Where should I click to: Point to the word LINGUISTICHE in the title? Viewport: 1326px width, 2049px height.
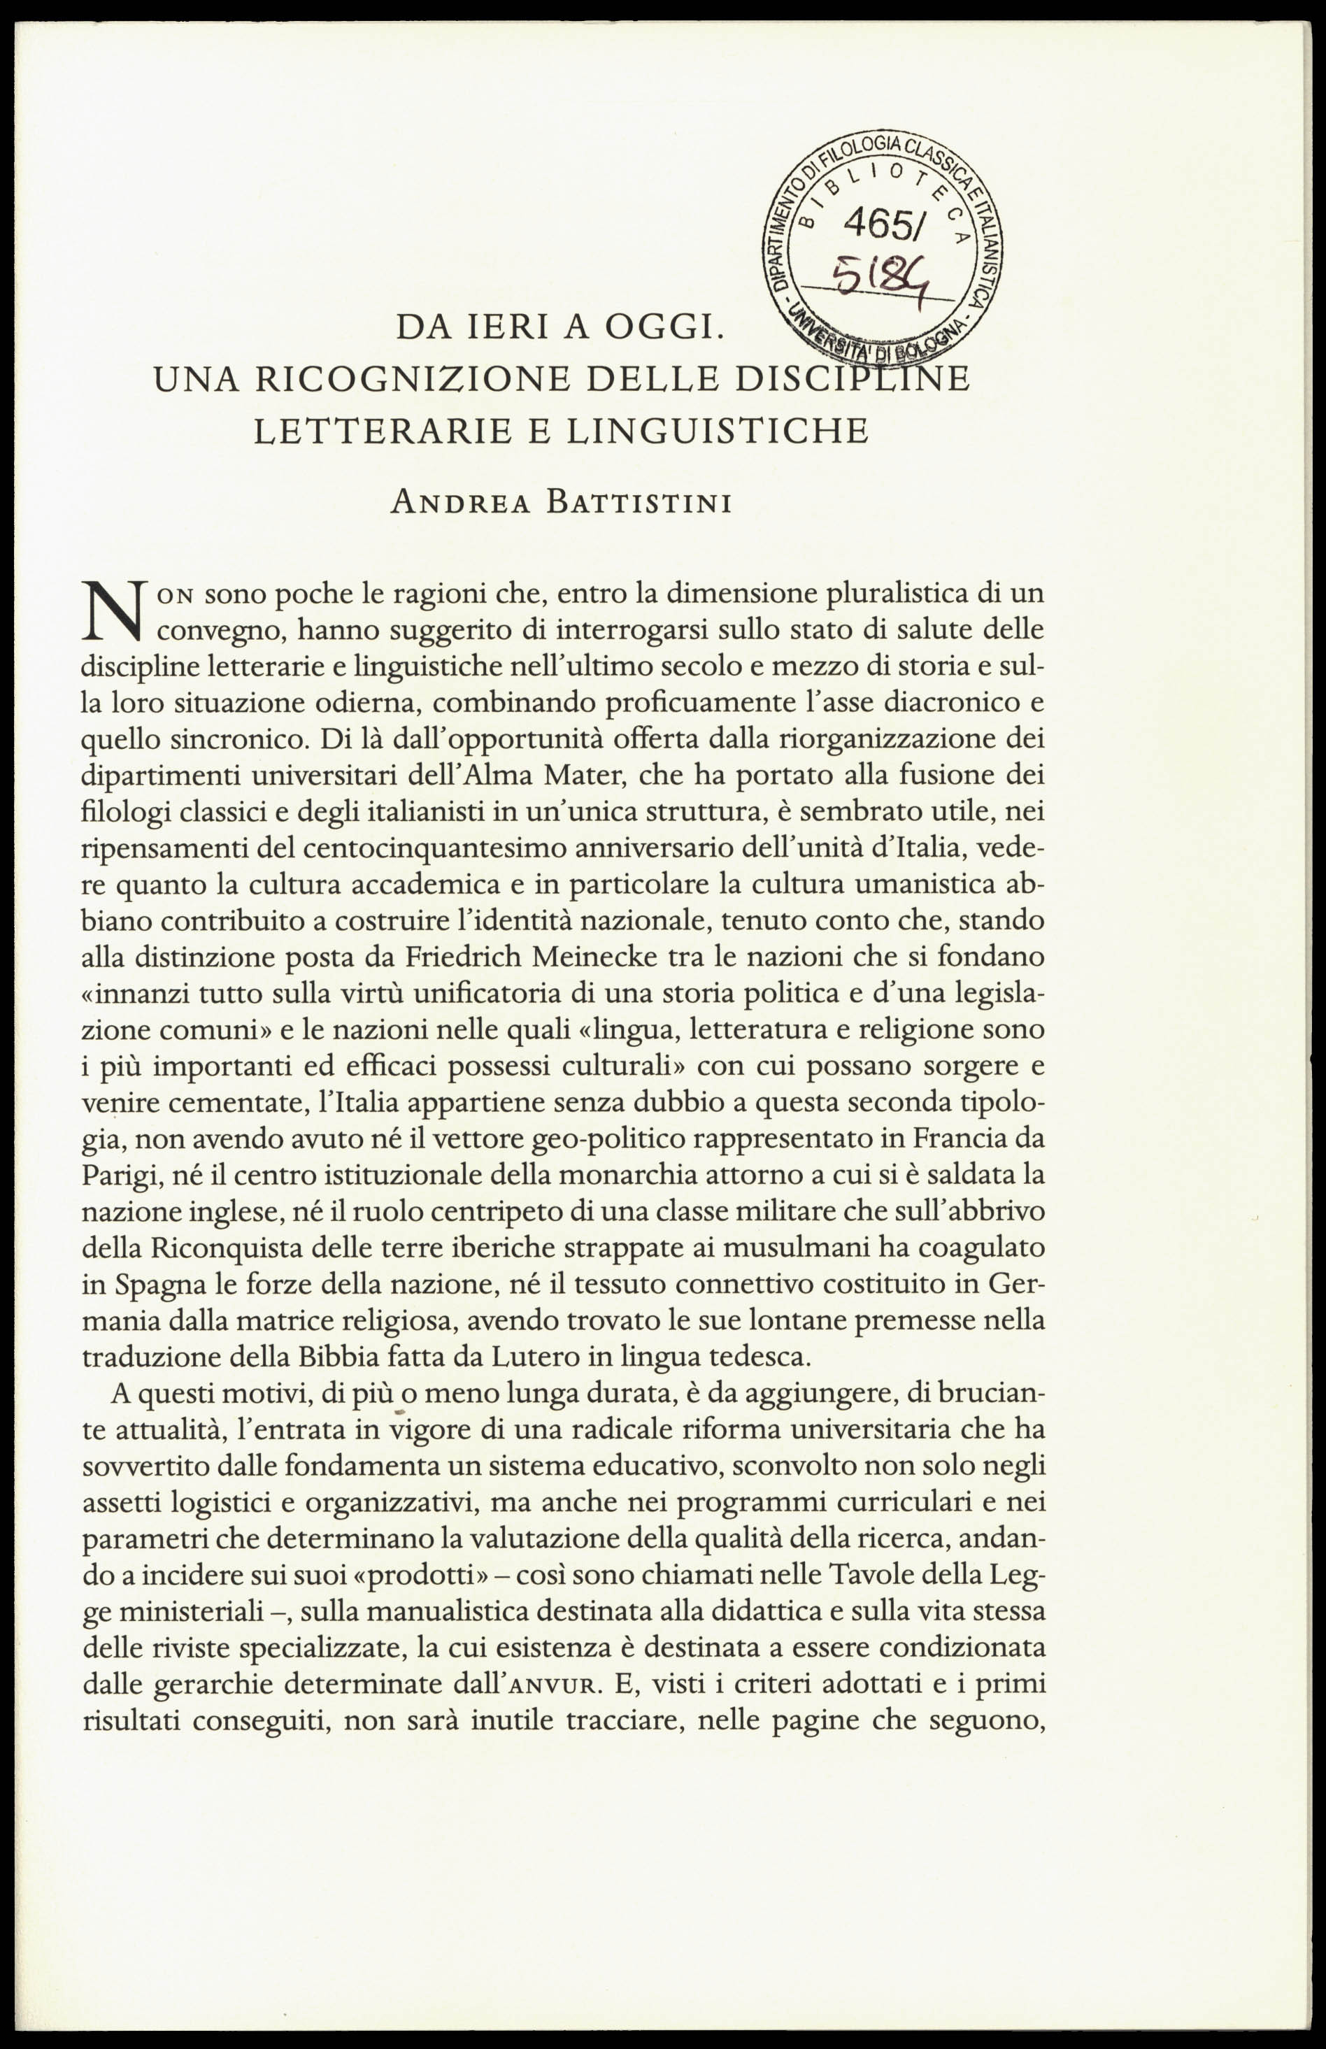[716, 431]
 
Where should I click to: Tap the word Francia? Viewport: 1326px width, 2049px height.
[957, 1138]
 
